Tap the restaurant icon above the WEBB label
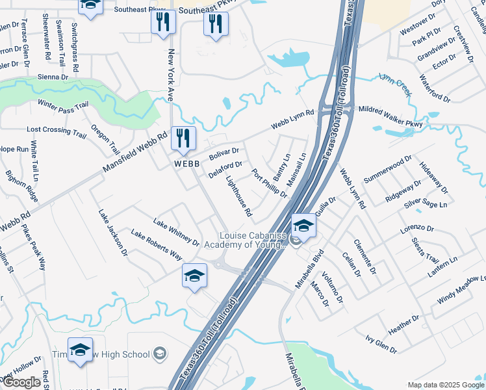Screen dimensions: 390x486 point(183,138)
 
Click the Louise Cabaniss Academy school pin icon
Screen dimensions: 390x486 point(303,226)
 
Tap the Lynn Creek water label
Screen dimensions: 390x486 point(395,85)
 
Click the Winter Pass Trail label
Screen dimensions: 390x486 point(62,105)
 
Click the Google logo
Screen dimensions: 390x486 point(21,382)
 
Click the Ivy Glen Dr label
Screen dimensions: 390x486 point(381,344)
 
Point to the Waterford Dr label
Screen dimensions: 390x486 point(435,88)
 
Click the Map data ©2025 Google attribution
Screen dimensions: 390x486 point(445,384)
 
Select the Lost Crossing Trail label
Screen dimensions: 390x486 point(57,131)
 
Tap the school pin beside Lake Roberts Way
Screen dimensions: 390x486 point(194,276)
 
